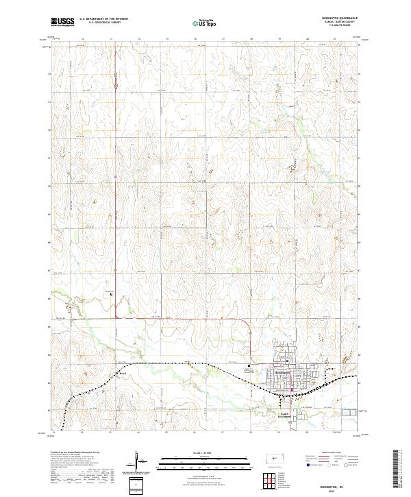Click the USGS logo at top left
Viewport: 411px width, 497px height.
[62, 22]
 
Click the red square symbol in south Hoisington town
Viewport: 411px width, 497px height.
[292, 391]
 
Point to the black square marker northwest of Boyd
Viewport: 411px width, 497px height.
[110, 295]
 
